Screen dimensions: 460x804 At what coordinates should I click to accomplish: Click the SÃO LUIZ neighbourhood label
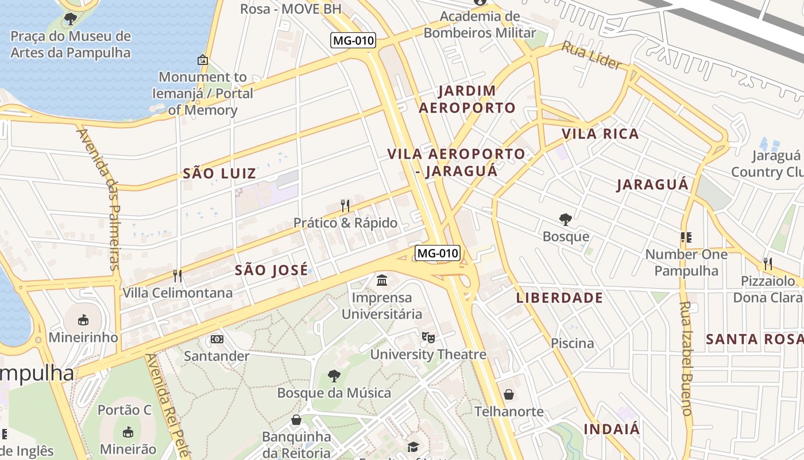pos(219,173)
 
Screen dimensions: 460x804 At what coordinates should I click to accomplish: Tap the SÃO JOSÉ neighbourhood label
pos(271,270)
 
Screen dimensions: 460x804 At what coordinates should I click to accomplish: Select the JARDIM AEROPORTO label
pos(467,99)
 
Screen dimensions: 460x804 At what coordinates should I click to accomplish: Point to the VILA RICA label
pos(600,134)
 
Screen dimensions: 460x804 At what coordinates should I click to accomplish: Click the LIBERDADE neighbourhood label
pos(559,298)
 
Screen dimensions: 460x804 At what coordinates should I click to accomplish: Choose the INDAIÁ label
pos(612,429)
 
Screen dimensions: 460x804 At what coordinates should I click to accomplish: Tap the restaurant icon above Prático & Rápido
pos(345,206)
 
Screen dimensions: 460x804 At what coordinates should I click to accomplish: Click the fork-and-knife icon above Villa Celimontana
pos(177,276)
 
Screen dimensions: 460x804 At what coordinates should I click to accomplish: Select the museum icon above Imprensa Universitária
pos(382,281)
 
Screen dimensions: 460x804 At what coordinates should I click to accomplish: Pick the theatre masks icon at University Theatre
pos(428,337)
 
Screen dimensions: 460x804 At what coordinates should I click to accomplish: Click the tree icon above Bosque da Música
pos(334,376)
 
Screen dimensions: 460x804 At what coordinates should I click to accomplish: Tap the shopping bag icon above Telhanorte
pos(509,394)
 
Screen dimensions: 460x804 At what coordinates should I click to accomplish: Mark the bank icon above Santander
pos(217,339)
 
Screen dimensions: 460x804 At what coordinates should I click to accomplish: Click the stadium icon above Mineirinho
pos(83,320)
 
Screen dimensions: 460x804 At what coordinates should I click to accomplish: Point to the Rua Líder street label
pos(592,56)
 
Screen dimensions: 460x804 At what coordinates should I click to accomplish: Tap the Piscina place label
pos(573,343)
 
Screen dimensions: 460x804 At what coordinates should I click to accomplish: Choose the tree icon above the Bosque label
pos(566,219)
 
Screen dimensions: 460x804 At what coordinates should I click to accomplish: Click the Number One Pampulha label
pos(686,262)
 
